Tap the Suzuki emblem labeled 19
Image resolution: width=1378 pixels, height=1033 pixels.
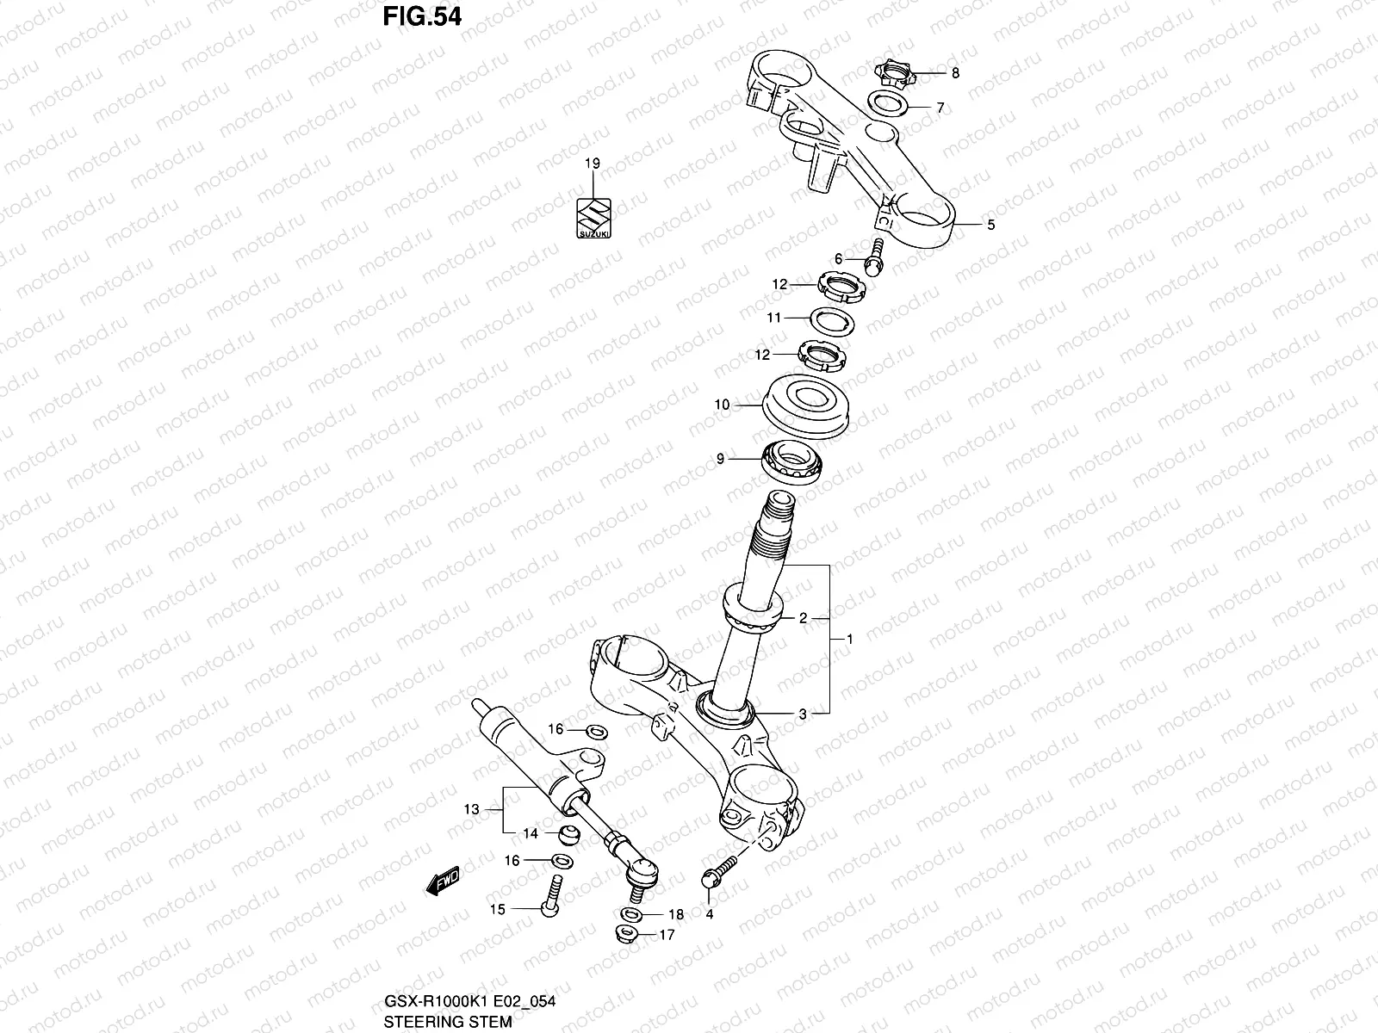point(593,221)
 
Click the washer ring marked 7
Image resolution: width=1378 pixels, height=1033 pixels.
point(885,103)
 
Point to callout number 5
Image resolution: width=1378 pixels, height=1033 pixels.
point(990,225)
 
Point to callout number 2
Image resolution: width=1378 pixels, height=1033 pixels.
point(803,617)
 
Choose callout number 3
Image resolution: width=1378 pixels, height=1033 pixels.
point(803,714)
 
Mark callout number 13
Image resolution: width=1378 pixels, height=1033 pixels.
point(470,809)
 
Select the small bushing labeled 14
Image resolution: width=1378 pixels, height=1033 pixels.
point(569,833)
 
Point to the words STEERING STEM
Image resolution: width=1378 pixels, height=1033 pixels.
point(448,1022)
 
